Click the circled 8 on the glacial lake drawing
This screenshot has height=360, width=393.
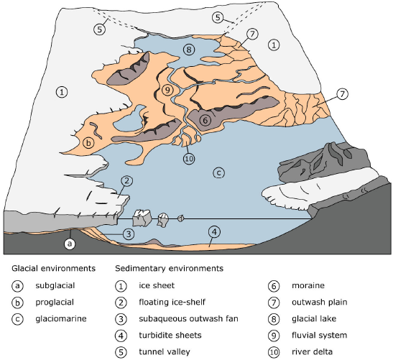[189, 50]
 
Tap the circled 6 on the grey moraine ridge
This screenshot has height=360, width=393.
[205, 120]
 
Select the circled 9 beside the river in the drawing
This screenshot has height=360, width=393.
[167, 90]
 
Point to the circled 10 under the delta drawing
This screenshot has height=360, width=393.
[189, 159]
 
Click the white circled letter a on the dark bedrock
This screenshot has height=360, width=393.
[70, 244]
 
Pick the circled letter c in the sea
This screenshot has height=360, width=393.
[219, 172]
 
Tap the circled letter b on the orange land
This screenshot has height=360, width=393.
[88, 143]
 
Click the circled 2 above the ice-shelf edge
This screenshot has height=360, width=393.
[126, 181]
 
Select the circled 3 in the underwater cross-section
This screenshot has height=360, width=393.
[129, 234]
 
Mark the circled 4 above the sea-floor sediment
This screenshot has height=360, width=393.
[214, 232]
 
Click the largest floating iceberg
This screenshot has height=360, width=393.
[142, 218]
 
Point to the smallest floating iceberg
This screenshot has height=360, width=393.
[181, 218]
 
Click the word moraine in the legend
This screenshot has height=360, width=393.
[308, 285]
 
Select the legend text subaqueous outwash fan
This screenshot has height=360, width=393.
[188, 318]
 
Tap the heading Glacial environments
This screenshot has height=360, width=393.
[53, 269]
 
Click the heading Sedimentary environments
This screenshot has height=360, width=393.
[169, 269]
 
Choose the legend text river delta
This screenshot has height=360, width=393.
[312, 351]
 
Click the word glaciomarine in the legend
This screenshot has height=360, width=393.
[61, 319]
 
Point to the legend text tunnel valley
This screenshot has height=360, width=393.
[165, 351]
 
